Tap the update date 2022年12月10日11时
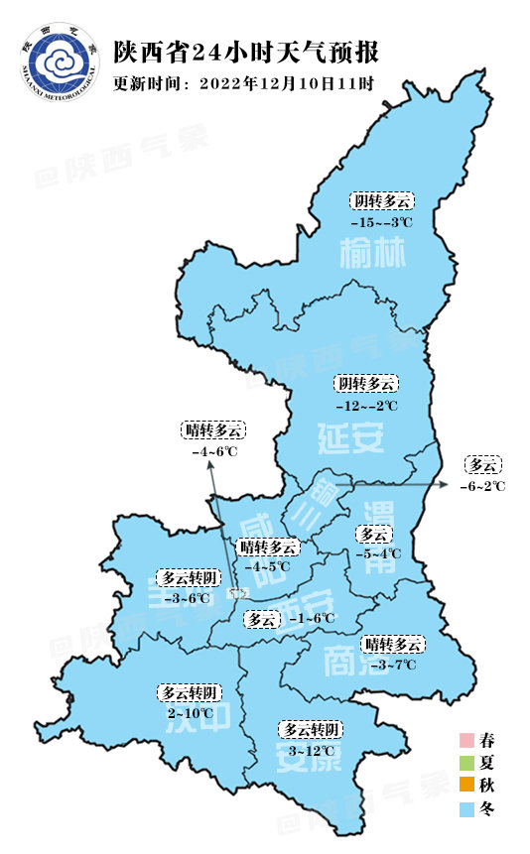click(286, 83)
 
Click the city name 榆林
click(373, 256)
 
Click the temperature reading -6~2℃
click(482, 486)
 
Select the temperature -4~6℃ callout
click(214, 451)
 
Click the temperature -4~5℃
click(268, 566)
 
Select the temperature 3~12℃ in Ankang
click(312, 751)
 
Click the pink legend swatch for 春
click(465, 740)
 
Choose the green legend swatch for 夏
click(465, 763)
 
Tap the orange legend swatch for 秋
click(465, 786)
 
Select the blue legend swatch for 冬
click(465, 809)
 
